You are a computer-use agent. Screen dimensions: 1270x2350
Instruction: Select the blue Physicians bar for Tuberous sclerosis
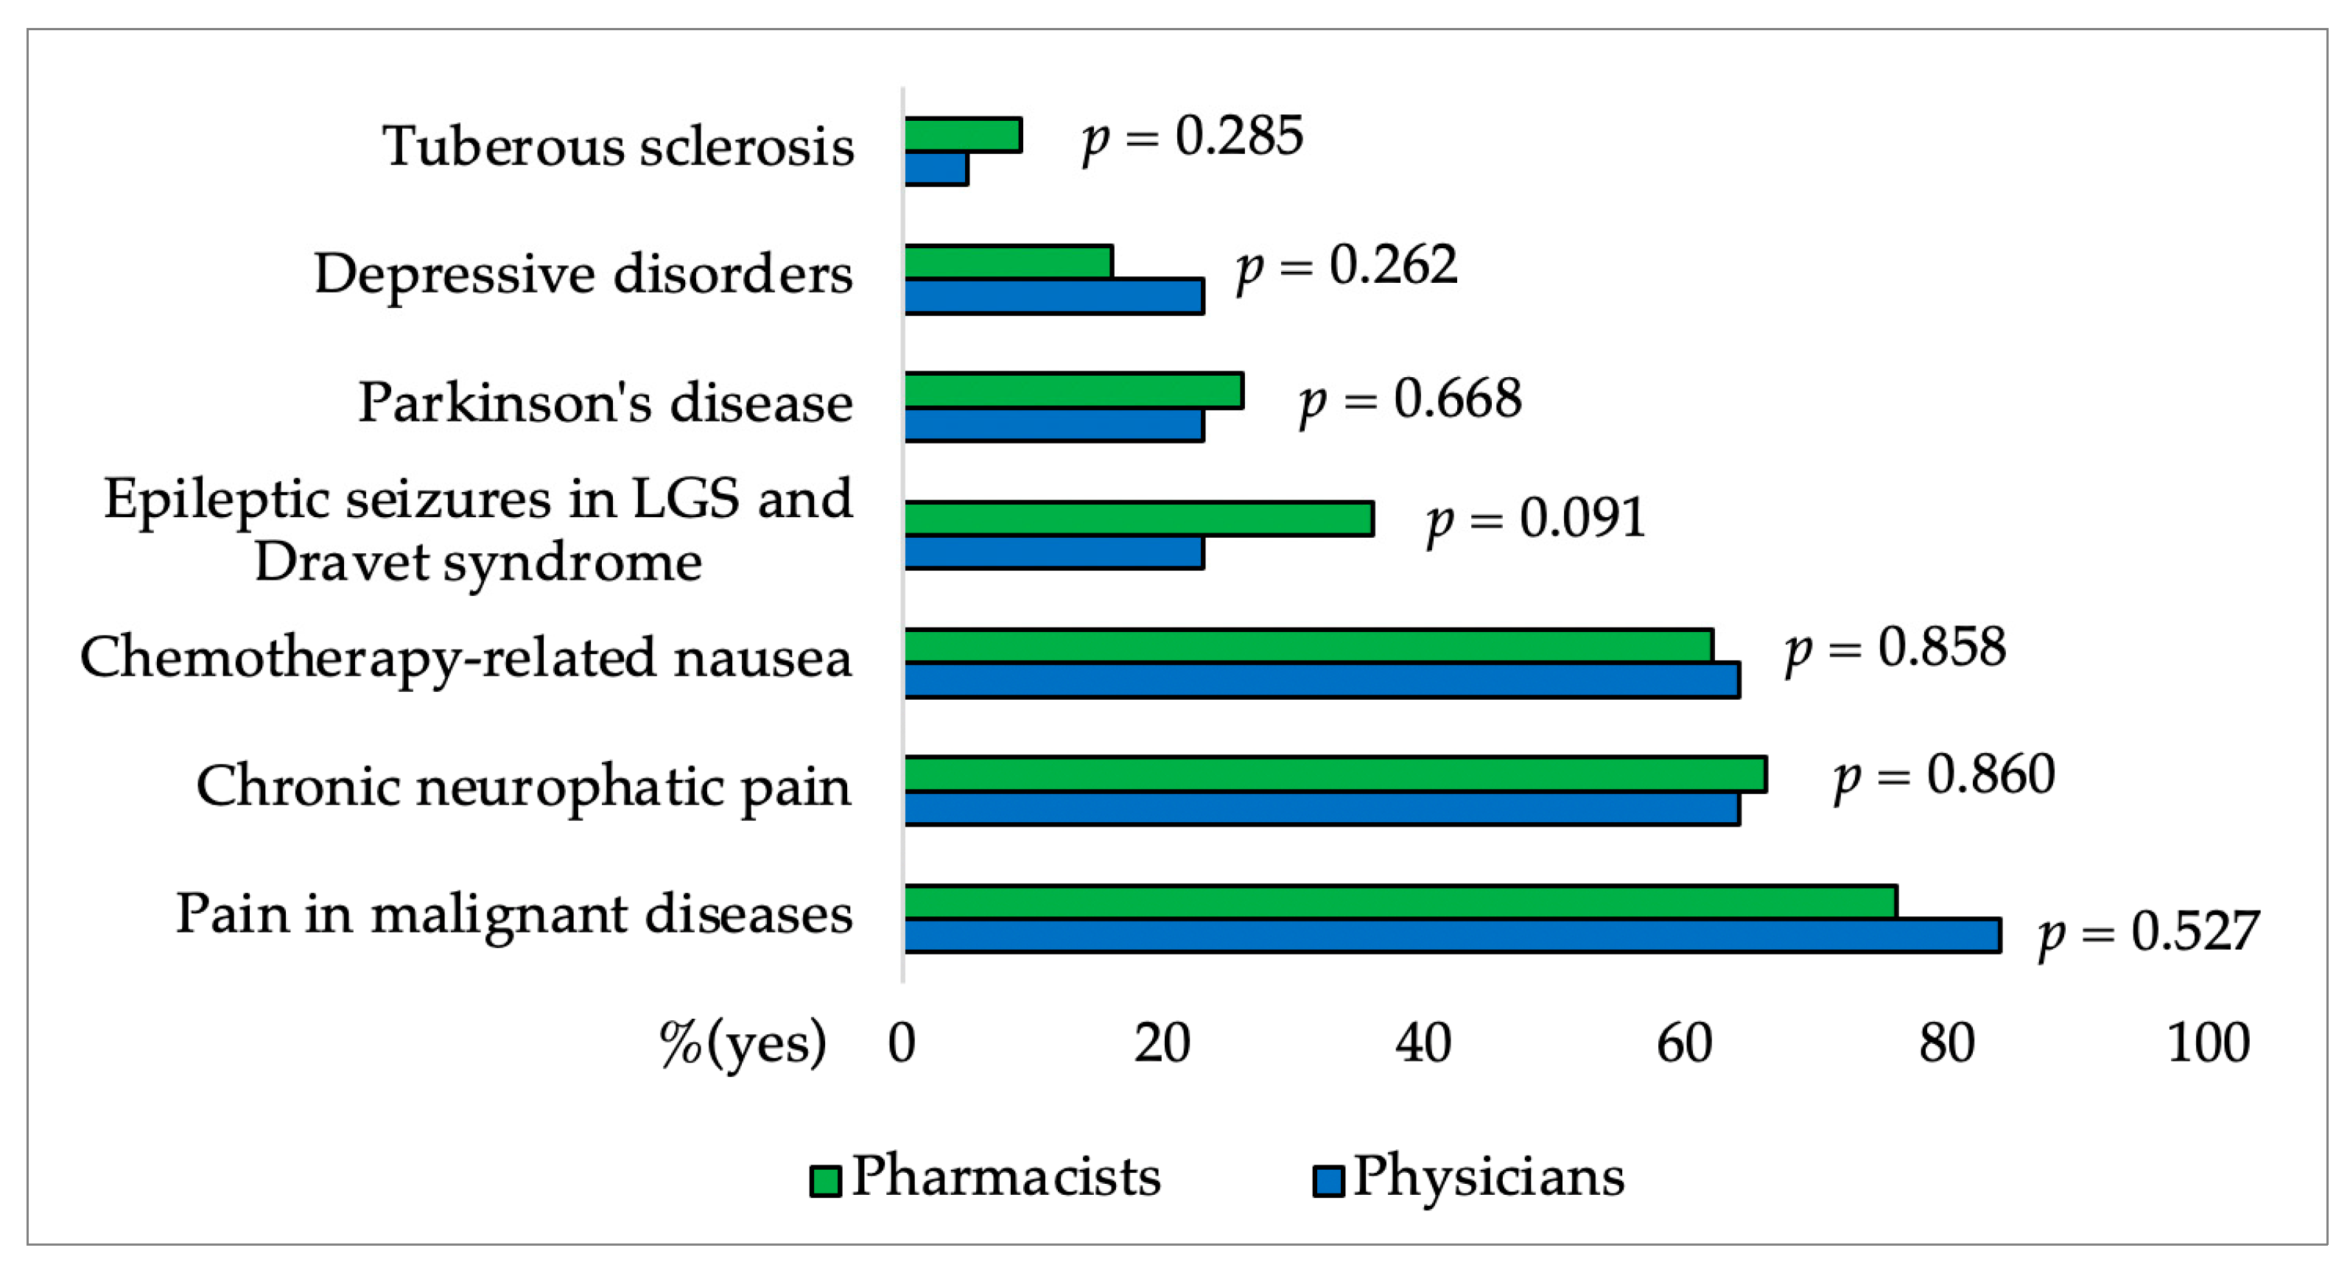pos(936,169)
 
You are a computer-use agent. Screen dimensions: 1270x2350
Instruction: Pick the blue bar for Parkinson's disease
pos(1053,425)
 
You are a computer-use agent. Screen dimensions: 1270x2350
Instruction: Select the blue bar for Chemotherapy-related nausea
pos(1321,681)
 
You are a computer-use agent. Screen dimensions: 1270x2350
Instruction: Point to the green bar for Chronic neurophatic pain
pos(1335,774)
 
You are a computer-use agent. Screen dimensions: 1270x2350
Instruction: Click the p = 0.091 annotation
pos(1535,519)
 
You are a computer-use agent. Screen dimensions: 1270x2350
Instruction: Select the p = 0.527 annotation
pos(2148,933)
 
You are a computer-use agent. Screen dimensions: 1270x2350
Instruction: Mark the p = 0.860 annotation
pos(1944,776)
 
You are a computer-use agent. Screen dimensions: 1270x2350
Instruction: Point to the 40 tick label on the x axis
pos(1423,1043)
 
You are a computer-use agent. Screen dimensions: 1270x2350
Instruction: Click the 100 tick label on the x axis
pos(2208,1043)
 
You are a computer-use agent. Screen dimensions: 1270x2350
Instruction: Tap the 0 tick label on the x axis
pos(901,1043)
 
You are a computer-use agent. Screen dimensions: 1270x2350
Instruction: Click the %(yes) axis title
pos(743,1043)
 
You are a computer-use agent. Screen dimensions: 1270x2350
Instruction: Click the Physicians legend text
pos(1488,1177)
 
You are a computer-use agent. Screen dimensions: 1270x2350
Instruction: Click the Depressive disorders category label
pos(583,274)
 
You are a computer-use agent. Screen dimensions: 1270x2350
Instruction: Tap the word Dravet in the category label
pos(342,562)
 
